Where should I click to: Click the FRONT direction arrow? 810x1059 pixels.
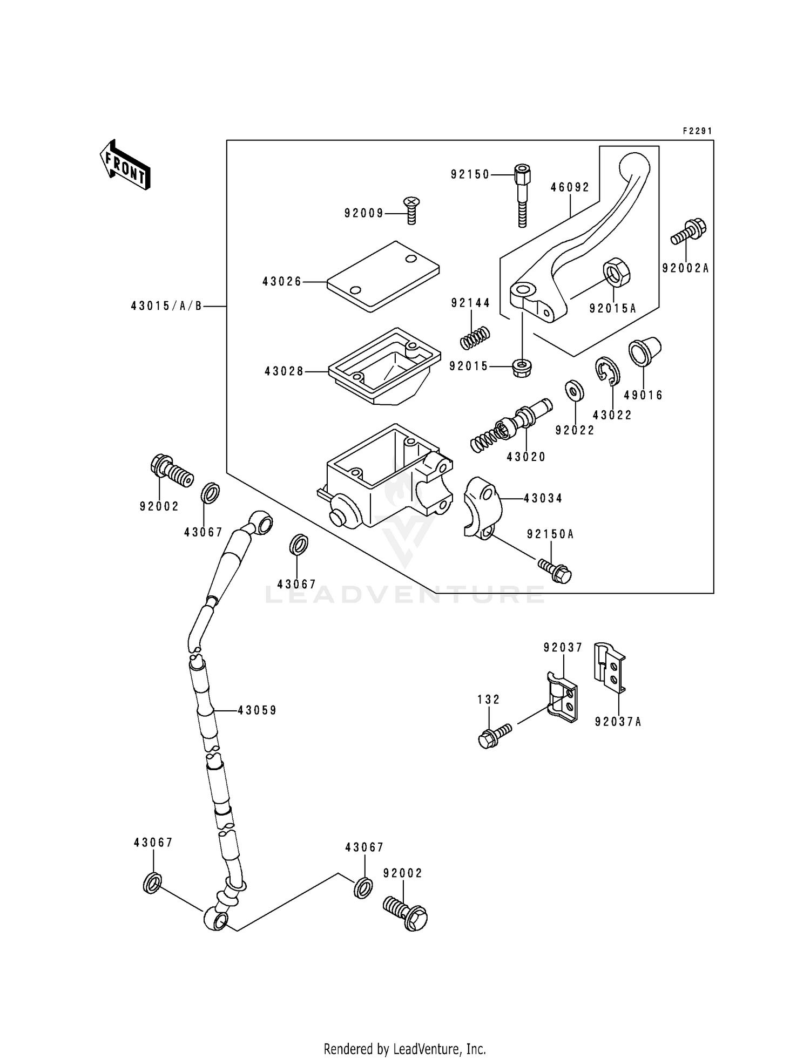click(x=125, y=164)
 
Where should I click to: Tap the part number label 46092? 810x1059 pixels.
click(x=570, y=187)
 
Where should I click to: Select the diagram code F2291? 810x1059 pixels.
click(x=697, y=131)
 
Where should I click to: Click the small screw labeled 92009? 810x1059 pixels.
click(x=411, y=211)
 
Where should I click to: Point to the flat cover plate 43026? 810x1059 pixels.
click(x=383, y=276)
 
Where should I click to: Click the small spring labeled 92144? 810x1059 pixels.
click(x=475, y=338)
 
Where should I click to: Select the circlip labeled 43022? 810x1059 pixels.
click(x=608, y=371)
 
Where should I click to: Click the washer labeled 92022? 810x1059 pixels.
click(x=575, y=390)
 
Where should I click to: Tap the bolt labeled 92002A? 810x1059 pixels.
click(x=690, y=232)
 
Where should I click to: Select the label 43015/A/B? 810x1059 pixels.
click(x=166, y=306)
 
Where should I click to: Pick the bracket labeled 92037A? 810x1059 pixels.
click(x=610, y=668)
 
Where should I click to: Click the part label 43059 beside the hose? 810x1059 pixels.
click(x=257, y=710)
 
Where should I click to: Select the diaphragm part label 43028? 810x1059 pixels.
click(x=284, y=371)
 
